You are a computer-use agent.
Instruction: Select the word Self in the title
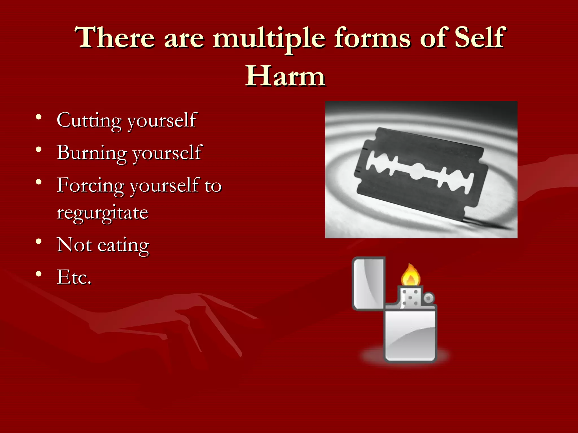click(x=480, y=37)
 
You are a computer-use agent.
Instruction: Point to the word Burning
click(x=91, y=153)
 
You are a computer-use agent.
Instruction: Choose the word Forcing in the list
click(x=90, y=185)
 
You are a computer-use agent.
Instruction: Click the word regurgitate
click(x=102, y=213)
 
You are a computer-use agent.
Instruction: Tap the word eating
click(x=123, y=245)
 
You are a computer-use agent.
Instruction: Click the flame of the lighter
click(x=411, y=275)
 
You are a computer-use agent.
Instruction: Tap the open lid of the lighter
click(x=369, y=283)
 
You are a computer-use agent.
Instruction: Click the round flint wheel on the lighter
click(x=429, y=298)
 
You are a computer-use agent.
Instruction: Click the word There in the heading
click(x=115, y=38)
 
